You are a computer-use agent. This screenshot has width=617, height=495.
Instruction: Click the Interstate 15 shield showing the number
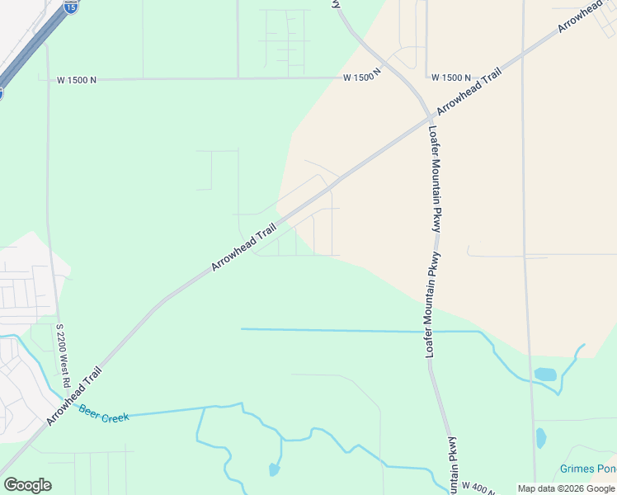(71, 7)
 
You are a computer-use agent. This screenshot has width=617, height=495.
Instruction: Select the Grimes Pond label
(587, 469)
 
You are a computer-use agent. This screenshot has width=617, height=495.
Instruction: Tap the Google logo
(27, 485)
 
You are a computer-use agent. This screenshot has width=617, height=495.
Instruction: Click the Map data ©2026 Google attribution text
(566, 488)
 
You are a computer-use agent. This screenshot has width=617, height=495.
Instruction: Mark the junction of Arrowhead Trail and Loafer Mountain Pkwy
(428, 117)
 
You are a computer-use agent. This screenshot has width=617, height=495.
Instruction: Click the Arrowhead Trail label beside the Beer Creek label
(73, 397)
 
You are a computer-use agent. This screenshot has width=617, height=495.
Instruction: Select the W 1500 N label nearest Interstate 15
(77, 80)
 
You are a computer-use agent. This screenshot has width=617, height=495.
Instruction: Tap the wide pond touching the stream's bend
(545, 375)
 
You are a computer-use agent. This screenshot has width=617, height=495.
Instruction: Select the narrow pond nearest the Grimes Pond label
(541, 437)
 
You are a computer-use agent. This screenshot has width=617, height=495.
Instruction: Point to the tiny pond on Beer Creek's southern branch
(273, 470)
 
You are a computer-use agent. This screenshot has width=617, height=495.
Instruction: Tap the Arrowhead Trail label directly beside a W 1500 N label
(469, 92)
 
